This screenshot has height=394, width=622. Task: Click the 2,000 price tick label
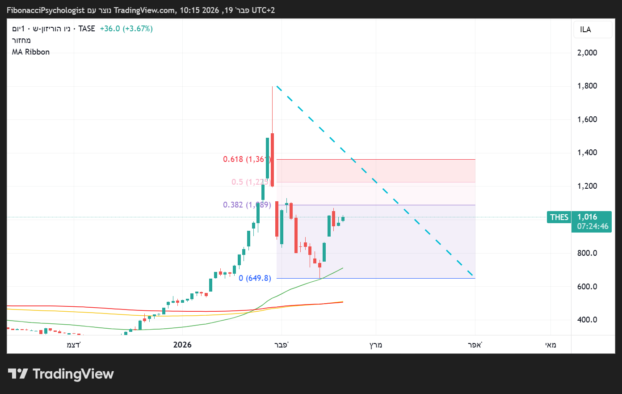pyautogui.click(x=587, y=53)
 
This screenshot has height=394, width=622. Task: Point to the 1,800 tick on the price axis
pyautogui.click(x=587, y=86)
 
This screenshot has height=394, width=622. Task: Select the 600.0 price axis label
pyautogui.click(x=587, y=287)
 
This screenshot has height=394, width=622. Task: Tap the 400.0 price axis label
pyautogui.click(x=587, y=320)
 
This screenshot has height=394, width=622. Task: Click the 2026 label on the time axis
pyautogui.click(x=182, y=344)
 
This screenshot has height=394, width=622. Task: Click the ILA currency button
pyautogui.click(x=585, y=30)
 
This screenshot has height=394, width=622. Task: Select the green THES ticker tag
pyautogui.click(x=559, y=217)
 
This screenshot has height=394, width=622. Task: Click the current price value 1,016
pyautogui.click(x=587, y=217)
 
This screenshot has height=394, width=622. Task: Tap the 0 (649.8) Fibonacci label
pyautogui.click(x=255, y=278)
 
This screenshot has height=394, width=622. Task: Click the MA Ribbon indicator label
pyautogui.click(x=31, y=52)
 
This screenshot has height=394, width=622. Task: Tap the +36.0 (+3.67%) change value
pyautogui.click(x=126, y=29)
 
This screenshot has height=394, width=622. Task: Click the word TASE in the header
pyautogui.click(x=87, y=29)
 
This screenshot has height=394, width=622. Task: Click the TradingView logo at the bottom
pyautogui.click(x=61, y=374)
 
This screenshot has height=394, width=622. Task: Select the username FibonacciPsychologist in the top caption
pyautogui.click(x=46, y=10)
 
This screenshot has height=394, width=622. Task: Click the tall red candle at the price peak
pyautogui.click(x=272, y=159)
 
